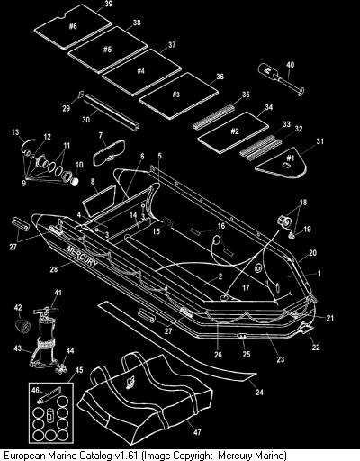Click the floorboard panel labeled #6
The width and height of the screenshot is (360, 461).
click(73, 26)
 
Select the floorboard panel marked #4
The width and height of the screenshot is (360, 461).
click(141, 72)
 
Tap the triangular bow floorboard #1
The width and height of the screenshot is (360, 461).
click(283, 162)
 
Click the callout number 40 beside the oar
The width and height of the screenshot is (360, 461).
click(290, 65)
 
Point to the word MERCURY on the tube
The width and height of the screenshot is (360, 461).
click(82, 256)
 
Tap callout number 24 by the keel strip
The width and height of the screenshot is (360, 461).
click(259, 392)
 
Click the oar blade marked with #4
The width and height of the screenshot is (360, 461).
click(268, 72)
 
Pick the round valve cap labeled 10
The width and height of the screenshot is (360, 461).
click(76, 181)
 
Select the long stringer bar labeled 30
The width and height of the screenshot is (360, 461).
click(112, 112)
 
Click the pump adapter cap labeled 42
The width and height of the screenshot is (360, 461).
click(23, 327)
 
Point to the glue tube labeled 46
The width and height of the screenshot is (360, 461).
click(49, 395)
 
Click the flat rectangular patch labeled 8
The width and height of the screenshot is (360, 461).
click(99, 201)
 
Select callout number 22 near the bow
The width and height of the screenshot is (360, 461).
click(316, 348)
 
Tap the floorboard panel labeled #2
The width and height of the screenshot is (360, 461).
click(233, 132)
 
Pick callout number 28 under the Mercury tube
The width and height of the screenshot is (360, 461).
click(54, 269)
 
